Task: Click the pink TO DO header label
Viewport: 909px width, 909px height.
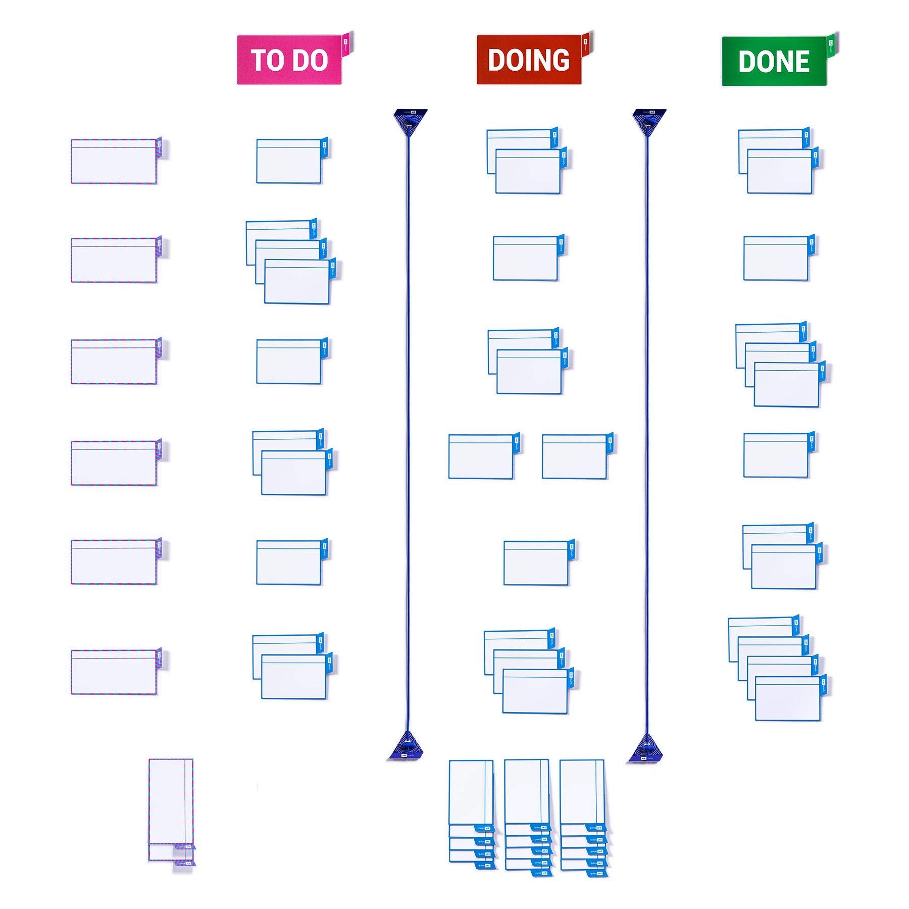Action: pos(289,60)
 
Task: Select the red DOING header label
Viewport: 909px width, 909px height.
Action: pos(529,60)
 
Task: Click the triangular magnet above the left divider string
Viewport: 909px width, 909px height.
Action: pos(410,121)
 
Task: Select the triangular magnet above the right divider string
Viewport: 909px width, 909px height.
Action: pos(649,121)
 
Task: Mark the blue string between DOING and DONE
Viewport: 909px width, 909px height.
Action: pos(647,429)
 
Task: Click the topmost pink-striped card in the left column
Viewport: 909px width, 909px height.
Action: pos(114,161)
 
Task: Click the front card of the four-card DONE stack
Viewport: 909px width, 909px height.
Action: pos(787,699)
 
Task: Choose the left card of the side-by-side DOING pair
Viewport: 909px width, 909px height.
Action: pos(481,457)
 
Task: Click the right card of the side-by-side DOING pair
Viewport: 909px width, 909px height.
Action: pos(574,457)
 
